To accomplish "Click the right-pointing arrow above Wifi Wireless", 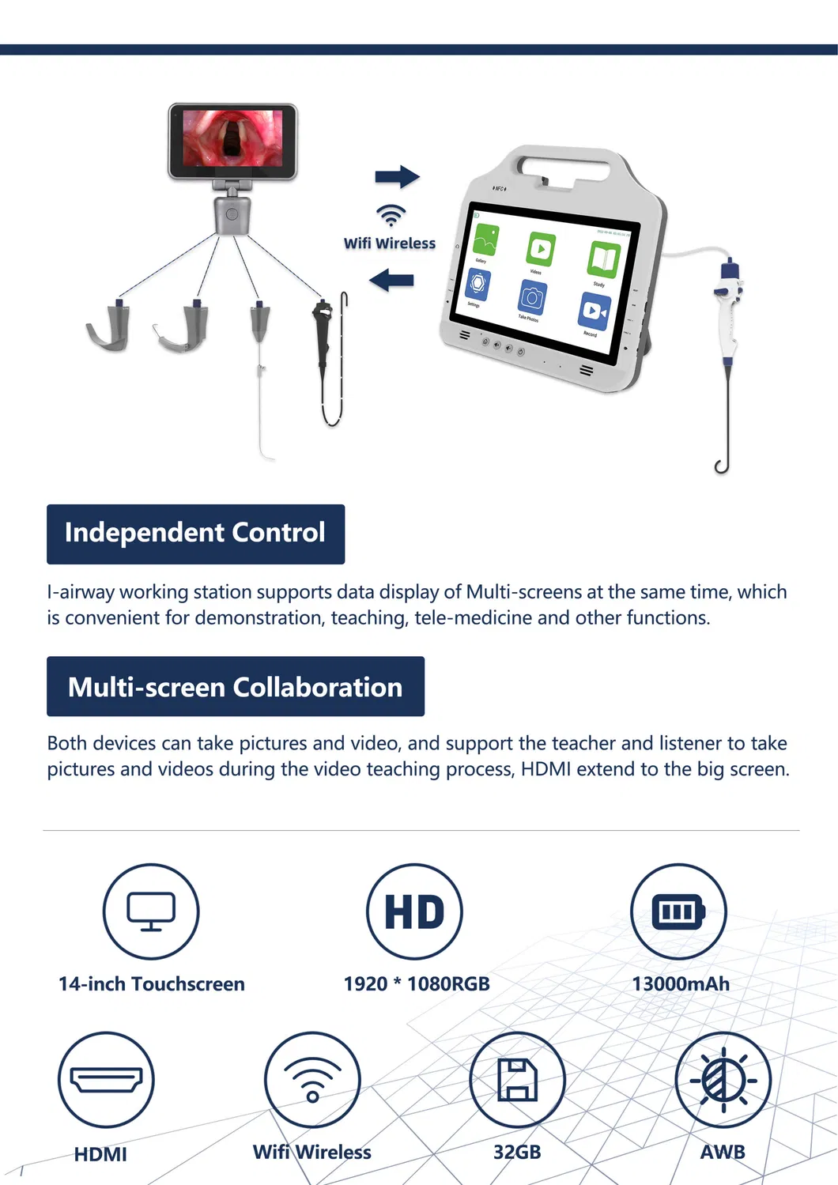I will coord(397,176).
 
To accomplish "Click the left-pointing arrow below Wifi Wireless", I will coord(391,280).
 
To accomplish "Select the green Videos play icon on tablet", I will coord(541,250).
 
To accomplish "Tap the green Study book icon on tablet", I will coord(603,260).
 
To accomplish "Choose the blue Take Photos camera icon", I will coord(532,297).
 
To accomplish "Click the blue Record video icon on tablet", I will coord(594,311).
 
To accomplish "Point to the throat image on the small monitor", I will coord(232,138).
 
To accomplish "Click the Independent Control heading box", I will coord(195,534).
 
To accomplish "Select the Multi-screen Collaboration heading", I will coord(235,686).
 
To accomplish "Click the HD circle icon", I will coord(414,911).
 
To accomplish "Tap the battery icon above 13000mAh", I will coord(678,911).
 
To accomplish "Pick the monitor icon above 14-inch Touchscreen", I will coord(151,911).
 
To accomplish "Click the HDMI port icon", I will coord(106,1079).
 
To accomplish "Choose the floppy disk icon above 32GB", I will coord(517,1079).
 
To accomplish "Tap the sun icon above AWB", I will coord(723,1079).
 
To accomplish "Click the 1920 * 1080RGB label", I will coord(417,983).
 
